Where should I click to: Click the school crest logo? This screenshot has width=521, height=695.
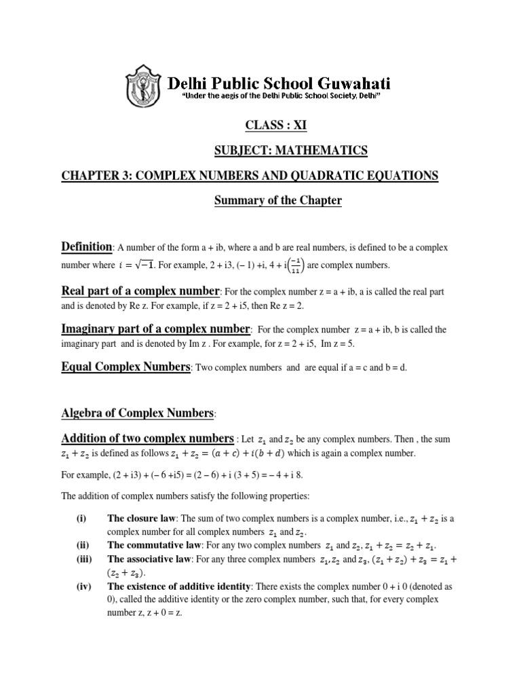[144, 88]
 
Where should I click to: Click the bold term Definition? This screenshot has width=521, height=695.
[87, 246]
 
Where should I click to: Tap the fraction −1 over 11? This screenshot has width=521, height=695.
[295, 265]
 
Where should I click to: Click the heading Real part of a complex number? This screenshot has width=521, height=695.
[140, 291]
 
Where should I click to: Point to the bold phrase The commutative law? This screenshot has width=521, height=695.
[151, 546]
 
